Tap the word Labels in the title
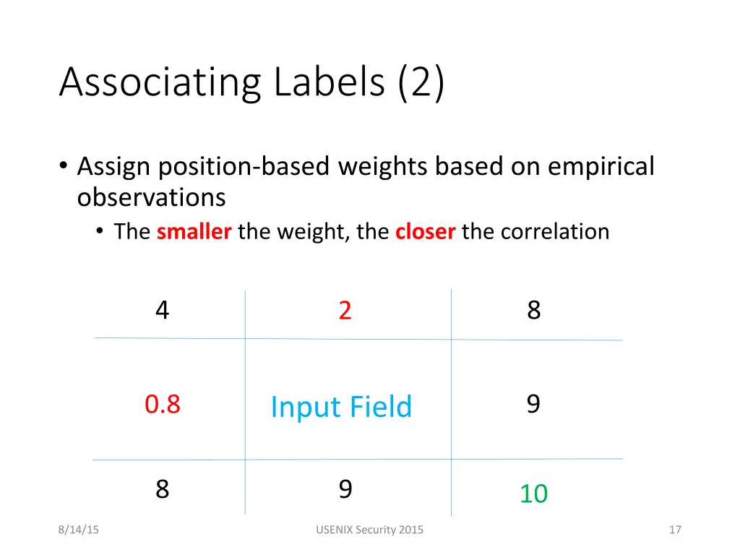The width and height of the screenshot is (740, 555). coord(329,81)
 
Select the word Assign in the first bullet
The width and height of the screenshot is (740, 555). coord(113,167)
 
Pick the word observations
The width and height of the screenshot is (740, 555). coord(151,197)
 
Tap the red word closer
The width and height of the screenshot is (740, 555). coord(426,232)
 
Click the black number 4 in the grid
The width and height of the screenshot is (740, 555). coord(163,310)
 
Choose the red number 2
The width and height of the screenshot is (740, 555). coord(345,311)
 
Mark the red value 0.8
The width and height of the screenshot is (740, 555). coord(163,405)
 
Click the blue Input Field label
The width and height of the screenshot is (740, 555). coord(341,407)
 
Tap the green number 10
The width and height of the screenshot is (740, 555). coord(533,494)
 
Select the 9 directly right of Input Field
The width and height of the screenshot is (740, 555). coord(533,404)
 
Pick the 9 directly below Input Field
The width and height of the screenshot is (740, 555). coord(345,490)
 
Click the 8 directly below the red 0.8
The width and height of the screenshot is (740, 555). coord(163,490)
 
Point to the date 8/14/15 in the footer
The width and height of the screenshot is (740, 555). coord(79,530)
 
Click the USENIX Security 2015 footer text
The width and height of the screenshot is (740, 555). coord(370,530)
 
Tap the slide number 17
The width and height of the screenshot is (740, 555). coord(676,530)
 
